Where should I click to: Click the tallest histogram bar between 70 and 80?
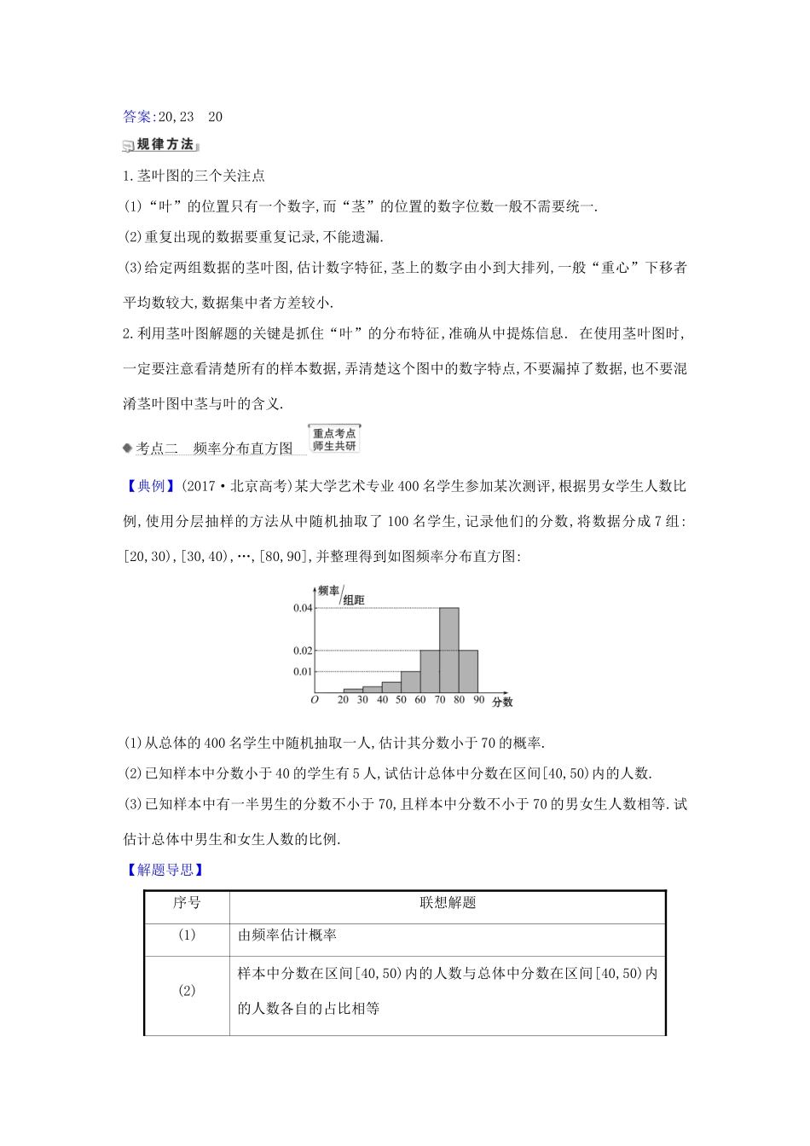[x=448, y=650]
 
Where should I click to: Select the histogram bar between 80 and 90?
[x=468, y=671]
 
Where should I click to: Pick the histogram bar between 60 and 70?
[x=430, y=671]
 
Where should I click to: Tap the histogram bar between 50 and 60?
[x=410, y=681]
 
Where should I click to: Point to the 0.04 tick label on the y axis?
[x=303, y=608]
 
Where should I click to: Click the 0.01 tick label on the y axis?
[x=303, y=672]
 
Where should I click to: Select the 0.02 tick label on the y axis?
[x=303, y=651]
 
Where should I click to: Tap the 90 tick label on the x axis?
[x=478, y=700]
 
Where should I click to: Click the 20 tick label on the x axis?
[x=343, y=700]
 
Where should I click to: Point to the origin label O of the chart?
[x=315, y=700]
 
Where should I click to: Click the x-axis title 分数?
[x=502, y=702]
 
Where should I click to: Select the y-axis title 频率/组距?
[x=340, y=594]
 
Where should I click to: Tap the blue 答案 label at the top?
[x=138, y=117]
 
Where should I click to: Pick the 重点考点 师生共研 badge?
[x=334, y=439]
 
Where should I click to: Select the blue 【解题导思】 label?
[x=164, y=870]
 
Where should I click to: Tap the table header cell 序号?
[x=187, y=903]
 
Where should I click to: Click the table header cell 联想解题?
[x=447, y=903]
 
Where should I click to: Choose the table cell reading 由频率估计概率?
[x=287, y=935]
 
